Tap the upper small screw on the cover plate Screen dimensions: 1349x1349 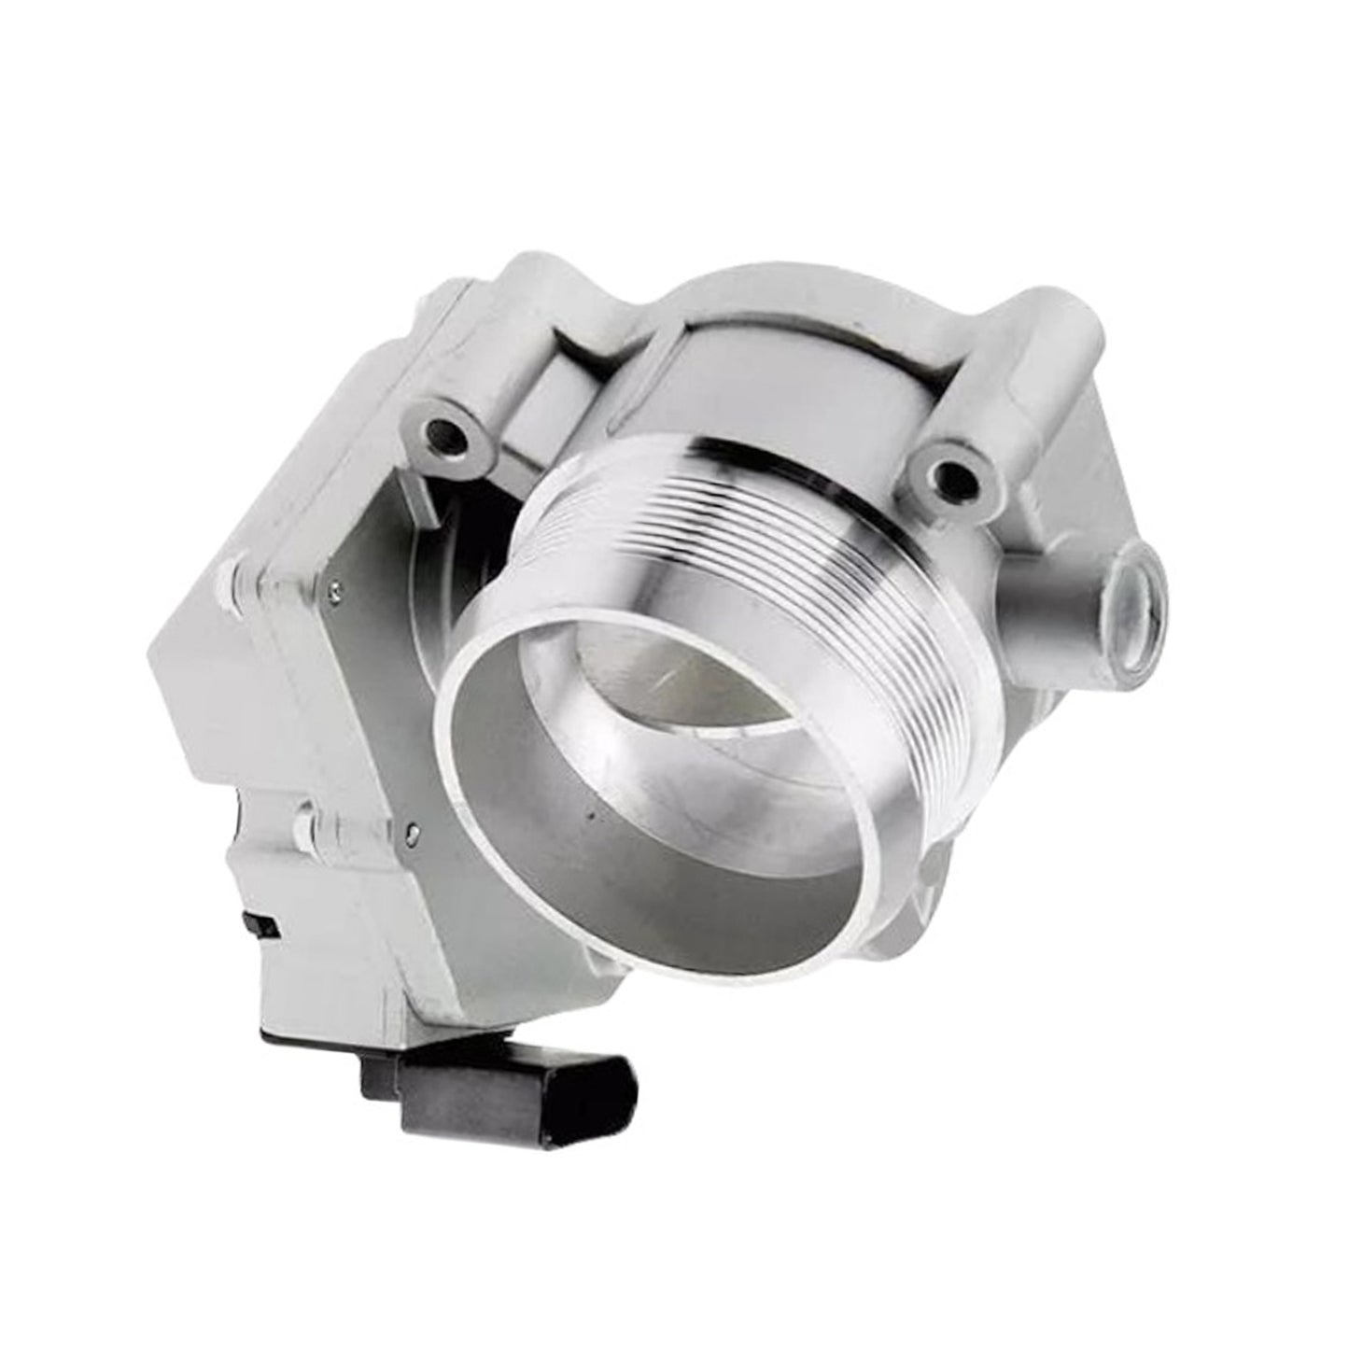pos(333,589)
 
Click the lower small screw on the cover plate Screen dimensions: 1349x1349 pos(411,824)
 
